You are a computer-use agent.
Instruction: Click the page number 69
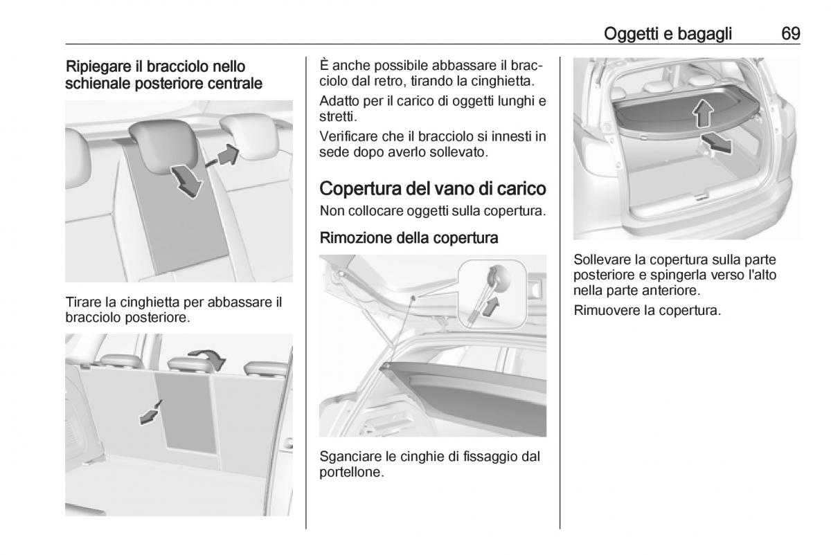click(x=791, y=34)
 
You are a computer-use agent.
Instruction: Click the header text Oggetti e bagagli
click(x=668, y=34)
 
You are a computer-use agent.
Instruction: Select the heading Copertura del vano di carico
click(x=433, y=188)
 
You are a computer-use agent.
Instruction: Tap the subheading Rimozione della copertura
click(x=409, y=237)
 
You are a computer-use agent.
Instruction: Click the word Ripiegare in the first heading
click(x=98, y=67)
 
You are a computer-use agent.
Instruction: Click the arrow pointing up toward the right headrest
click(x=223, y=156)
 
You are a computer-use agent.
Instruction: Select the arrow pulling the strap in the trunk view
click(x=151, y=412)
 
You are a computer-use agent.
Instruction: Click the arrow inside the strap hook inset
click(x=491, y=307)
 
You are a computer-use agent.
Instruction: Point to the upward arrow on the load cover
click(x=703, y=113)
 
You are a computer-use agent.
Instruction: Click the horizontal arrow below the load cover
click(x=716, y=143)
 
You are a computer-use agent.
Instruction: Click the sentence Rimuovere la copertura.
click(x=647, y=310)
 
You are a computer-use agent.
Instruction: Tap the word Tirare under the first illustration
click(x=84, y=302)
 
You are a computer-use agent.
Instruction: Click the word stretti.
click(x=338, y=117)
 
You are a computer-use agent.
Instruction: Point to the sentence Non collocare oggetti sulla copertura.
click(x=433, y=211)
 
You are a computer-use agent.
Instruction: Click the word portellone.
click(x=352, y=473)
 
